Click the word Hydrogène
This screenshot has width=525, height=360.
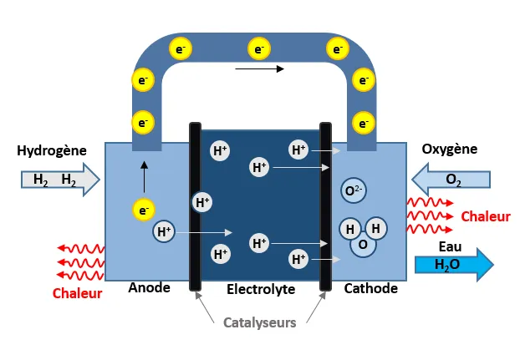point(52,151)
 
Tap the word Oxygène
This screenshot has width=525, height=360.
point(449,150)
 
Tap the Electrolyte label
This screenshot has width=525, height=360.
point(261,289)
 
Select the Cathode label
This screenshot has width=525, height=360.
point(371,288)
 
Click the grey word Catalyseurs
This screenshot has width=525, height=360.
point(259,322)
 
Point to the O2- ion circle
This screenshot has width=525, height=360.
point(354,191)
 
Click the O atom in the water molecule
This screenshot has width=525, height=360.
point(363,245)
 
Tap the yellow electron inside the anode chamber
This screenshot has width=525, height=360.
point(144,210)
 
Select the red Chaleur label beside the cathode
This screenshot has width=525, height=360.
point(485,217)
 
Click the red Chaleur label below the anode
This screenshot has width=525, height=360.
point(77,293)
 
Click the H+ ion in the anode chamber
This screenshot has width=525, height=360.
point(164,231)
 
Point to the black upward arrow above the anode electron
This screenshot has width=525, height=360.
point(143,176)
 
